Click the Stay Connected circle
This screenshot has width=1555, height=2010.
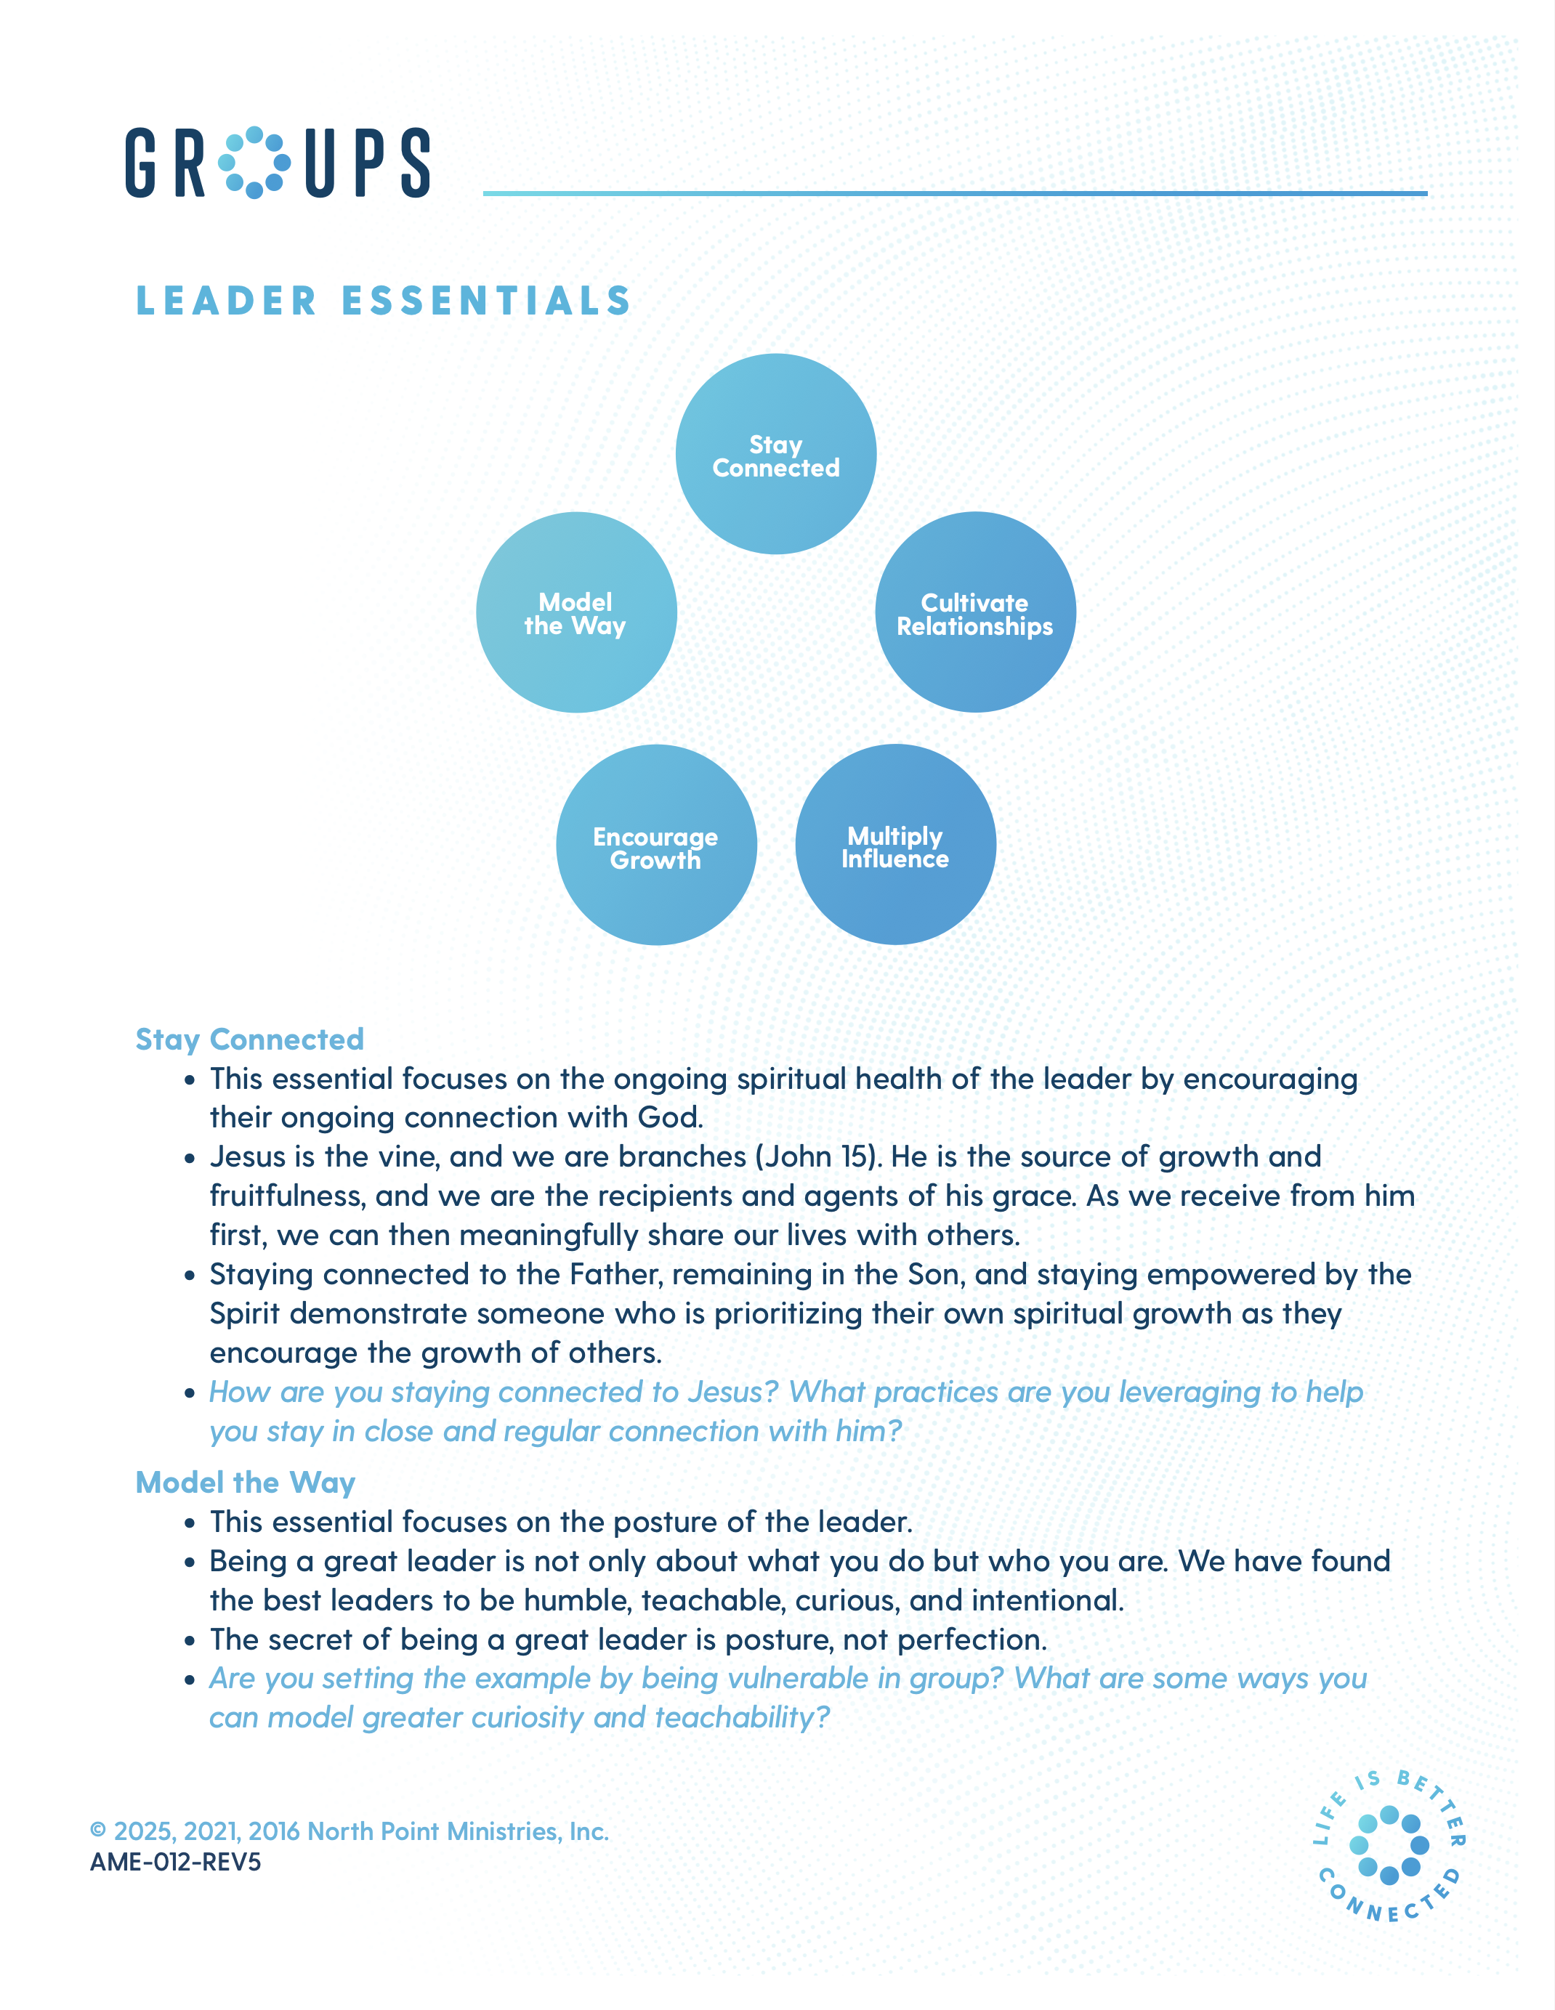[775, 454]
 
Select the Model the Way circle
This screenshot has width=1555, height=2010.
[576, 612]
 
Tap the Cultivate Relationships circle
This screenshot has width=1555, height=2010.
[975, 612]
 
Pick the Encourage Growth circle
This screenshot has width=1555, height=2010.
[656, 845]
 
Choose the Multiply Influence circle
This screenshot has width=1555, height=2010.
[895, 845]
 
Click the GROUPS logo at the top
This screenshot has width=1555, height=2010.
[277, 163]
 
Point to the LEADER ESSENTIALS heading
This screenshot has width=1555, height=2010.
[383, 301]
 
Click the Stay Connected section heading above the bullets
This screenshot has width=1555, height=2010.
[249, 1039]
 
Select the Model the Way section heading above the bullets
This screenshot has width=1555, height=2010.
[245, 1483]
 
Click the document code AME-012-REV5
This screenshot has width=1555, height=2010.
[175, 1863]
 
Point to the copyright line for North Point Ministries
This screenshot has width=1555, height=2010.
[349, 1831]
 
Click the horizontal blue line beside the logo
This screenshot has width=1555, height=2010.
[955, 193]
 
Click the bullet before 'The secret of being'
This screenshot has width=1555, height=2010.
[190, 1641]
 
